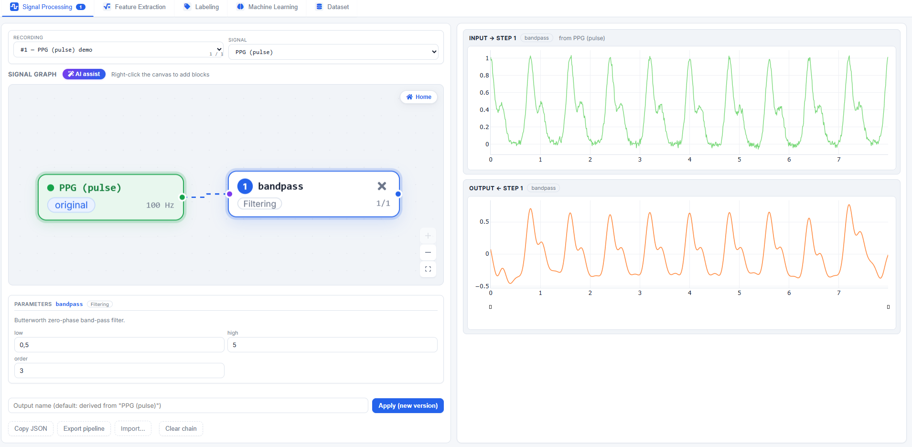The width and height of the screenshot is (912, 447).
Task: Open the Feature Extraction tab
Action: [x=135, y=7]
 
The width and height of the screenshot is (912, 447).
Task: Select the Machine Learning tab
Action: [x=268, y=7]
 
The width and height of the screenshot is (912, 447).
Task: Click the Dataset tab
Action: [x=333, y=7]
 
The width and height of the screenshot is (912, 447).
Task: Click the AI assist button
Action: [x=84, y=74]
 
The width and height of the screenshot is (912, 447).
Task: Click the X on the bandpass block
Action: [x=382, y=186]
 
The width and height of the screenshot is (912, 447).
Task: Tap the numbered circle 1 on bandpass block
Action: [x=245, y=186]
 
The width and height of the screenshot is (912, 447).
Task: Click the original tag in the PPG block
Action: [x=71, y=205]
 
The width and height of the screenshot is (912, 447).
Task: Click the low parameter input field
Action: [x=119, y=345]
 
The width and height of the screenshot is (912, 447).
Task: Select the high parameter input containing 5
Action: [x=333, y=345]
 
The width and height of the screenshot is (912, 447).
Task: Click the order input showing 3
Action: [x=119, y=371]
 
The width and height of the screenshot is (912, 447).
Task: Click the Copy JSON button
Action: [x=31, y=429]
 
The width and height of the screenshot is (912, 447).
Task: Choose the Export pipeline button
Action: [x=84, y=429]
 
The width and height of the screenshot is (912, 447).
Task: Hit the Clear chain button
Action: [x=181, y=429]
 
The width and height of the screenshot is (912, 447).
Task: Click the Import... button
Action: [x=133, y=429]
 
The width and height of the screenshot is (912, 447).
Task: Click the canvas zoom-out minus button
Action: [x=428, y=252]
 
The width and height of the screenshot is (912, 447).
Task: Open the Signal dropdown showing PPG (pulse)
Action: [x=333, y=52]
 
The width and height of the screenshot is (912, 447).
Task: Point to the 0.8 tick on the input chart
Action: [x=484, y=76]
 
